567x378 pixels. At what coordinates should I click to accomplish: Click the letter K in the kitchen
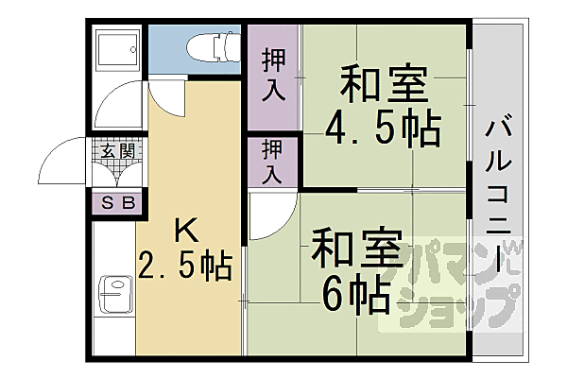(x=183, y=230)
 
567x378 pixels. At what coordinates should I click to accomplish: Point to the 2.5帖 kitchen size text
(x=185, y=266)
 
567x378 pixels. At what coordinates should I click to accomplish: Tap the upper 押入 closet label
(x=272, y=76)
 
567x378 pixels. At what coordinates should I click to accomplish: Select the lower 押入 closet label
(x=272, y=162)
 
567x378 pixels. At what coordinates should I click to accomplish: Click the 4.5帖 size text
(x=383, y=129)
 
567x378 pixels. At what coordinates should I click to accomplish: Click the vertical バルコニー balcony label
(x=501, y=194)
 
